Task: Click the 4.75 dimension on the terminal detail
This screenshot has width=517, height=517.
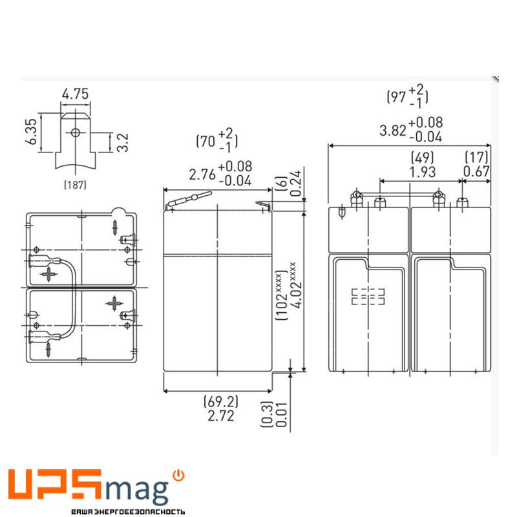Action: click(75, 94)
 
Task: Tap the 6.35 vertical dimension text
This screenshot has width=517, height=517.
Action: click(31, 132)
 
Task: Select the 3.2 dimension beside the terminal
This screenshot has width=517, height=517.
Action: click(123, 142)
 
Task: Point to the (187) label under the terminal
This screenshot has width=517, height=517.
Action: click(75, 185)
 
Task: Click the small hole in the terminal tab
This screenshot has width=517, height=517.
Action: click(76, 132)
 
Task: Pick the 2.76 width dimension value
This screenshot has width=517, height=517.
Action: click(202, 174)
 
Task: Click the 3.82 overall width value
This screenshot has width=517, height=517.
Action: click(393, 131)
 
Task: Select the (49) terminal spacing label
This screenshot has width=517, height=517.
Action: click(423, 158)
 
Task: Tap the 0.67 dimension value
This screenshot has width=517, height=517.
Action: click(477, 171)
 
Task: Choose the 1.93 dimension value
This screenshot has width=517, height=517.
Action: click(423, 172)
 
